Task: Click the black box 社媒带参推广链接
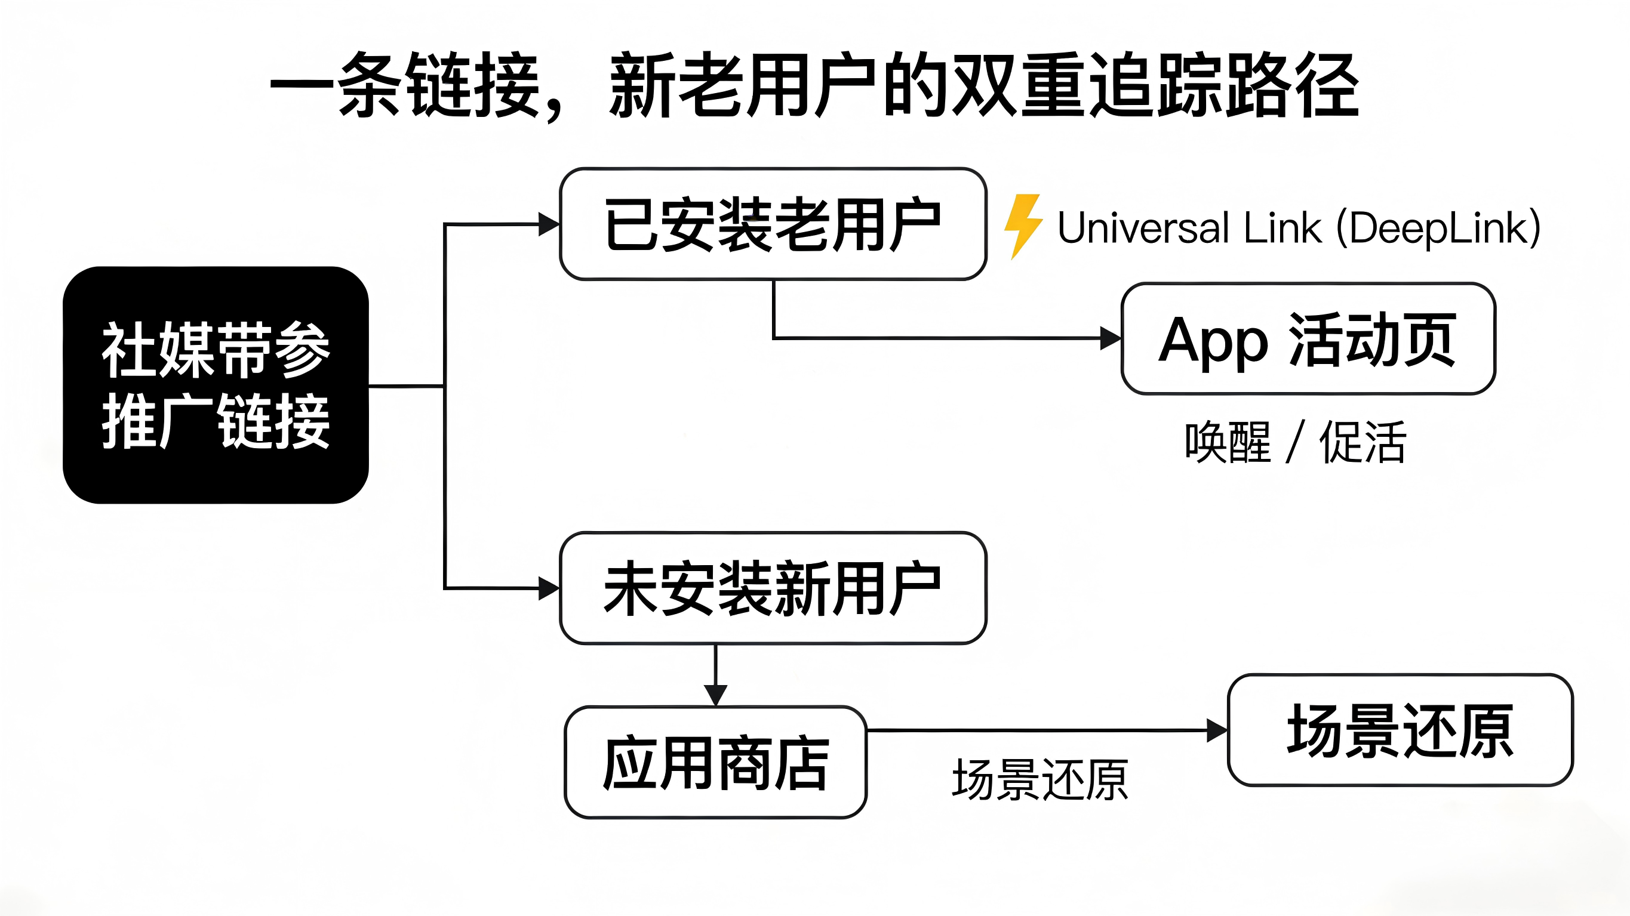point(216,385)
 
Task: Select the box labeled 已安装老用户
point(773,224)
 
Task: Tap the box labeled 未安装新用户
point(773,588)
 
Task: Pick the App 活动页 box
point(1308,339)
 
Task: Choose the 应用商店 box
point(715,762)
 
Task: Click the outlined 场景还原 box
point(1400,730)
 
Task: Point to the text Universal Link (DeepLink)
point(1299,228)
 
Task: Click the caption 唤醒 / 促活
point(1295,442)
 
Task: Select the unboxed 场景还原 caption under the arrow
point(1039,780)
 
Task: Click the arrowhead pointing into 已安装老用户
point(548,224)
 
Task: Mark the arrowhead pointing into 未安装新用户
point(548,588)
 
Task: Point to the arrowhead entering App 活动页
point(1110,338)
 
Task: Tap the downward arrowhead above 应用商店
point(715,695)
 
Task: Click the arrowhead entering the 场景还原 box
point(1216,730)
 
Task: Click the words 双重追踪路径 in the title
point(1155,85)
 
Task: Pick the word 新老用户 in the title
point(743,85)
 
